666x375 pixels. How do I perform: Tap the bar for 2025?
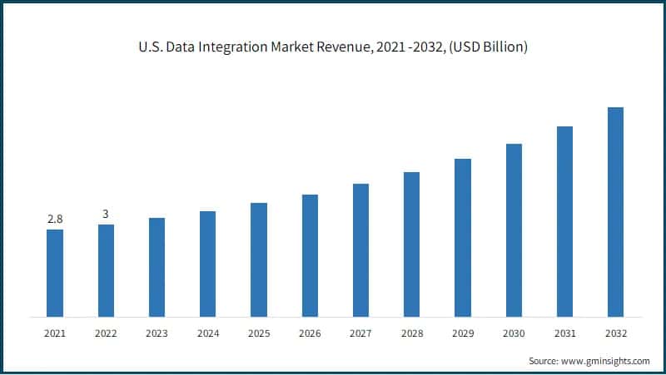259,259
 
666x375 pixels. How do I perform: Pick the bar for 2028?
411,244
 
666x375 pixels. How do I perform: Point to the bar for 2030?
514,230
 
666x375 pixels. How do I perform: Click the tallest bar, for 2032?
615,212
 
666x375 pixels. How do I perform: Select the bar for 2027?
360,250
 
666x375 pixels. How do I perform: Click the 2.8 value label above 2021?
55,219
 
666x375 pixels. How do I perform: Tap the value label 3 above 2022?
106,214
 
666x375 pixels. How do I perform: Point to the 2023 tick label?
157,333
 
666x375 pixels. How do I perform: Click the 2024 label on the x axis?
207,333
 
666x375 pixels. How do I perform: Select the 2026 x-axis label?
310,333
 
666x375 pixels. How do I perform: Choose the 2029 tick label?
462,333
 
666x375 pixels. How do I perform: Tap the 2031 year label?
564,333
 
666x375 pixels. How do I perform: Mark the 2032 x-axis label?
615,333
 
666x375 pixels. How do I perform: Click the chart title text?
333,47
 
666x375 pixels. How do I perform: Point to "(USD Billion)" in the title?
489,47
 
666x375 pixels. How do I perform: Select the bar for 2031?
564,221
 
